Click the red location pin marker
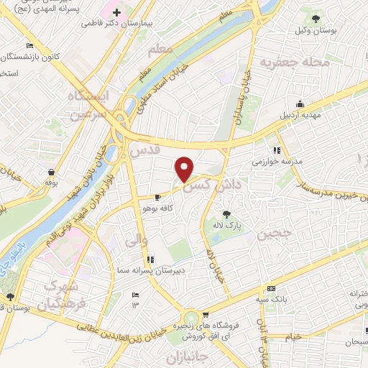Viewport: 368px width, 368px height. (x=185, y=168)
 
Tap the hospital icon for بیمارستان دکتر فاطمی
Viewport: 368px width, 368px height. (x=116, y=12)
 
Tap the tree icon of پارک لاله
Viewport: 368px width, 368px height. (x=227, y=213)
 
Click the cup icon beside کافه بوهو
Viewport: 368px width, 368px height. (x=158, y=197)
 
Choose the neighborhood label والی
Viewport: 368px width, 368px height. (x=137, y=241)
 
